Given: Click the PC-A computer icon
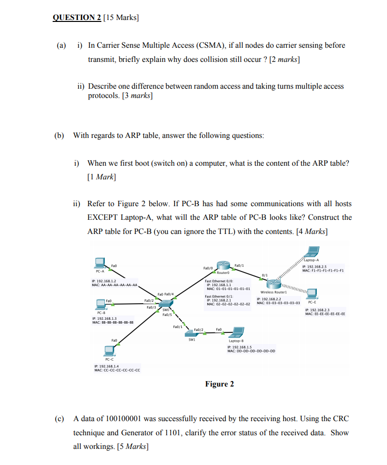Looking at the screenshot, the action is [99, 264].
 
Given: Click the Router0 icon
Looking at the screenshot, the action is [224, 266].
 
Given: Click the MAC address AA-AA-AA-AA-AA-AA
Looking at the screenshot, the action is [119, 285].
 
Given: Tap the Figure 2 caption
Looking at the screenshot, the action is [219, 384].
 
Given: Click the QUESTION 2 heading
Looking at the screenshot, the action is [76, 18].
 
